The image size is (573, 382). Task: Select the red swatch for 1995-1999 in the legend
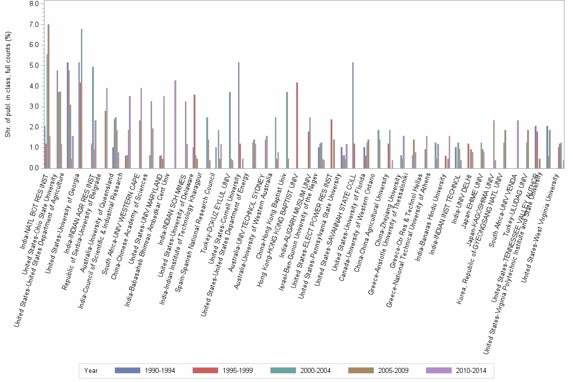[204, 370]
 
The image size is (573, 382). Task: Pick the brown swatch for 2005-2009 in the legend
[359, 370]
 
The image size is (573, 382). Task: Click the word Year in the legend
[91, 370]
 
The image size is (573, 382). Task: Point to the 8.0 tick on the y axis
[34, 4]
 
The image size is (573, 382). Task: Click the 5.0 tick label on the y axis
[34, 65]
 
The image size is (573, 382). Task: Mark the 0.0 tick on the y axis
[34, 168]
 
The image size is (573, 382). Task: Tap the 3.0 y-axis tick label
[34, 106]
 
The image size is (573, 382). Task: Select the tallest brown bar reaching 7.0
[49, 96]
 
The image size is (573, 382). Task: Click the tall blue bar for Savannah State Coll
[353, 115]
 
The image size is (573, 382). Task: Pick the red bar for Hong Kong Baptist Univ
[297, 125]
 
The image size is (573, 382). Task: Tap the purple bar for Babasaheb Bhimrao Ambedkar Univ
[175, 124]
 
